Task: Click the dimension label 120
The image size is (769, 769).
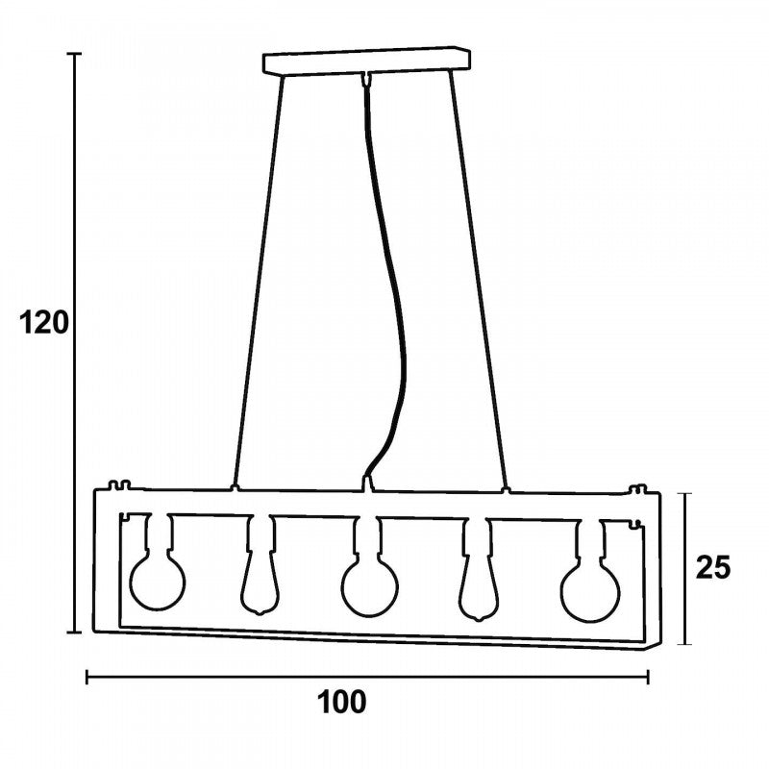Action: tap(44, 323)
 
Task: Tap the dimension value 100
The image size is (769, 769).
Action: tap(342, 702)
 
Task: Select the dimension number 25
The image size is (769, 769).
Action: tap(713, 568)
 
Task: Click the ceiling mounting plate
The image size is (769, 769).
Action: tap(367, 61)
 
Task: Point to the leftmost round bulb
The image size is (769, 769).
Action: tap(158, 582)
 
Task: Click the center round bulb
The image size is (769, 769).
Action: tap(370, 587)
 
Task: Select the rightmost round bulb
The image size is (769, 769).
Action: tap(591, 593)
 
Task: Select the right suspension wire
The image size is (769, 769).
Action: tap(479, 281)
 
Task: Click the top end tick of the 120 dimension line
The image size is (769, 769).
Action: tap(74, 53)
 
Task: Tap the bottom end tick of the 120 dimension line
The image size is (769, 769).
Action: tap(74, 633)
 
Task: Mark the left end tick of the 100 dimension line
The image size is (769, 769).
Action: tap(87, 677)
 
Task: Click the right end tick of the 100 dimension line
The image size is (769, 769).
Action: tap(648, 677)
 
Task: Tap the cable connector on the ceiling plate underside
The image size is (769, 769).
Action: tap(365, 79)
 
